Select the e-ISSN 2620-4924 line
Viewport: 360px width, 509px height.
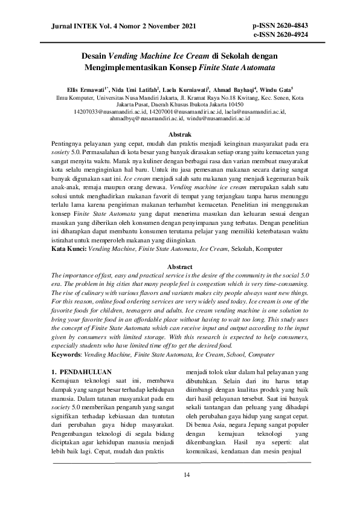(281, 34)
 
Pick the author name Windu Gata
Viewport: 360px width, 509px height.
(275, 89)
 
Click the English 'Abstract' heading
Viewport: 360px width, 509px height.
(179, 267)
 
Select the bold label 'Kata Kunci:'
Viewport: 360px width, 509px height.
(69, 248)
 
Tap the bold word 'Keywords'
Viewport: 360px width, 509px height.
(66, 338)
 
